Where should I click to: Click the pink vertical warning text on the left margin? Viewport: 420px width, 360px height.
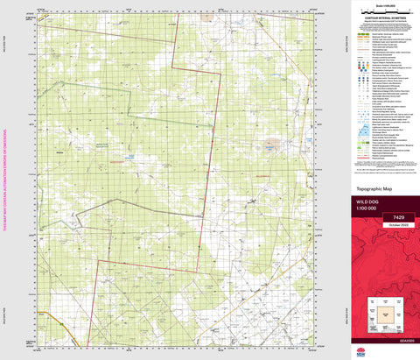click(x=6, y=180)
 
